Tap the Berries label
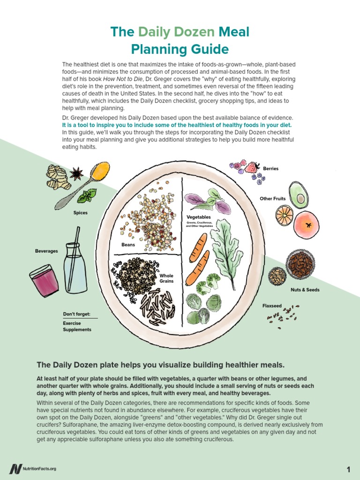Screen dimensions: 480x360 click(x=270, y=168)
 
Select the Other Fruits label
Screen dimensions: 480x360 click(x=273, y=199)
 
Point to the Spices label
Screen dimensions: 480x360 click(x=80, y=213)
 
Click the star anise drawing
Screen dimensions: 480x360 click(x=76, y=174)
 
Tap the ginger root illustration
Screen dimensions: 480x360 click(x=58, y=177)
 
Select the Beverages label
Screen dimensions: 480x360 click(x=46, y=251)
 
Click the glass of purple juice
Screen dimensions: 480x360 click(x=45, y=280)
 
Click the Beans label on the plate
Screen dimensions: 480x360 click(x=128, y=245)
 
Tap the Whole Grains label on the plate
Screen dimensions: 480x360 click(x=166, y=278)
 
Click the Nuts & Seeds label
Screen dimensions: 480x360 click(x=305, y=290)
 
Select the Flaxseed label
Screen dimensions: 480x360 click(x=272, y=306)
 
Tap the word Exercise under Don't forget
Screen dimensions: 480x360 click(x=72, y=323)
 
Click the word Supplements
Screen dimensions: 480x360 click(x=77, y=330)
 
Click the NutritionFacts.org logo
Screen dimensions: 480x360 click(x=32, y=469)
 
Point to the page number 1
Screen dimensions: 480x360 click(x=349, y=469)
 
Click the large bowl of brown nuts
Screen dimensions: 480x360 click(x=301, y=264)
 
